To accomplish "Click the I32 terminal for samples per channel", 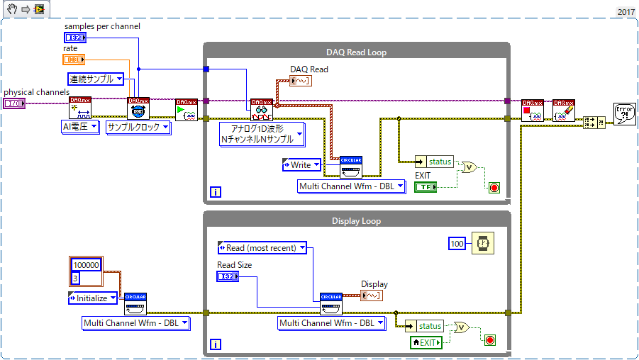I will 74,37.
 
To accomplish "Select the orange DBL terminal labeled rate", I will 74,60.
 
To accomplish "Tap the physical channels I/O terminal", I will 14,103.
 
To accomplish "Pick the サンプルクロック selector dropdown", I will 138,128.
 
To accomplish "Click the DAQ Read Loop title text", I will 356,52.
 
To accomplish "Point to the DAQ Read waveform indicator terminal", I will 302,81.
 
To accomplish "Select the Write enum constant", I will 301,164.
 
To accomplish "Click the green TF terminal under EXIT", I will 426,186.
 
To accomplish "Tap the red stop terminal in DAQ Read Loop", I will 494,188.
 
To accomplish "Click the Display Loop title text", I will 356,221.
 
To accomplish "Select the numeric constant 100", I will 457,244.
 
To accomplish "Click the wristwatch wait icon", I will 483,244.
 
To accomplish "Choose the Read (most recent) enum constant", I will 262,248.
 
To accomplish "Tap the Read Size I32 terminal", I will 227,276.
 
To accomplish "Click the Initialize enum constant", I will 93,298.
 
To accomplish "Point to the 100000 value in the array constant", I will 87,265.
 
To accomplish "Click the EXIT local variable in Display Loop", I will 426,342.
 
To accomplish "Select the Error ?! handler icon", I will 624,114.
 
